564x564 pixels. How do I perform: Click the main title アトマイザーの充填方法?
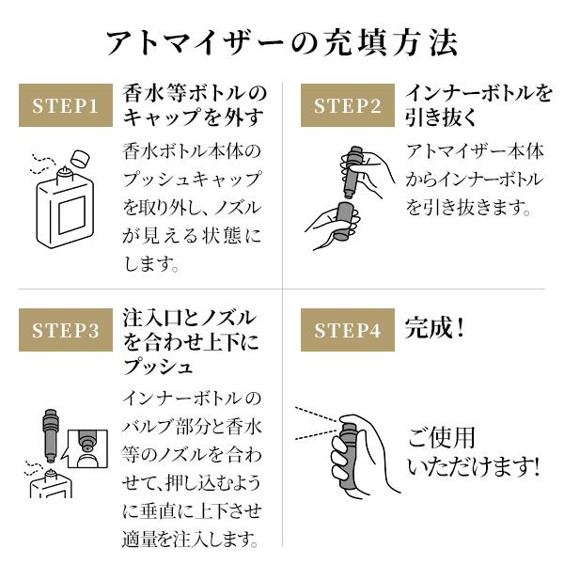[282, 42]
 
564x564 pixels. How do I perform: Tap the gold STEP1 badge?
[66, 105]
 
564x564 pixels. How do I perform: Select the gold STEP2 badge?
[348, 105]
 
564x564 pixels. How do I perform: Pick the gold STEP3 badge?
[66, 330]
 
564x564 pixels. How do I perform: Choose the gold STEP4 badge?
[348, 330]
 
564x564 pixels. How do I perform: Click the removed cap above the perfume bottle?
[80, 158]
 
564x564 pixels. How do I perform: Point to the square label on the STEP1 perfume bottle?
[72, 214]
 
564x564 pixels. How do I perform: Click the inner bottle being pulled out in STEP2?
[352, 172]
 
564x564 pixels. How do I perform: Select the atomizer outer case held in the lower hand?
[344, 221]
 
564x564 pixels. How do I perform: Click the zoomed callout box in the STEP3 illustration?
[86, 448]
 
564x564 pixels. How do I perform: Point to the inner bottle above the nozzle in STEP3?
[51, 435]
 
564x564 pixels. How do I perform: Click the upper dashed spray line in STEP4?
[318, 414]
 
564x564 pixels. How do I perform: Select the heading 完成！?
[435, 328]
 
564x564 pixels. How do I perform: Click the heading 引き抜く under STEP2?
[441, 117]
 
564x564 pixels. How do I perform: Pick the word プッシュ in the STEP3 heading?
[157, 366]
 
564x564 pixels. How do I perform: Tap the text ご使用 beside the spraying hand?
[442, 437]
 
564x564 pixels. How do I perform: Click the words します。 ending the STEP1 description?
[151, 263]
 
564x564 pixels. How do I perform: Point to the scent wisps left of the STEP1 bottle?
[41, 164]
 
